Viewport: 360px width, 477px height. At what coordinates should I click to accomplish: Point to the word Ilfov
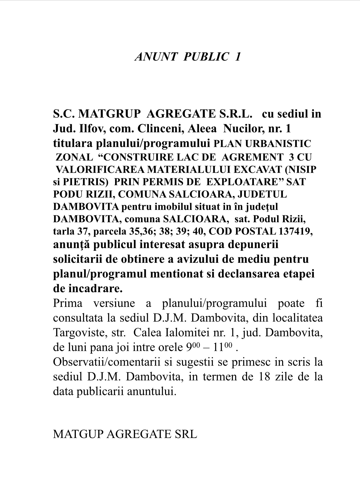point(91,128)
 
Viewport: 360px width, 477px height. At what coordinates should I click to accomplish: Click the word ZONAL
point(74,157)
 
